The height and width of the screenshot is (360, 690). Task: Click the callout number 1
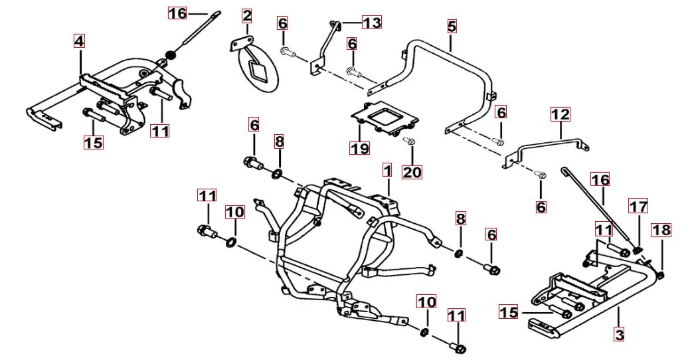387,170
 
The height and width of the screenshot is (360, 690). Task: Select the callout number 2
247,16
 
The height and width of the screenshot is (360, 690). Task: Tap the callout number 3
619,335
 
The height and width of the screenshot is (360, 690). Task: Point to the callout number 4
79,41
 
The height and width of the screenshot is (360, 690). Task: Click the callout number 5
452,27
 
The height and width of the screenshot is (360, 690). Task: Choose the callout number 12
561,114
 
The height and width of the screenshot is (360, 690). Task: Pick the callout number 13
372,22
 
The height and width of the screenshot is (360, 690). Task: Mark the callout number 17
638,206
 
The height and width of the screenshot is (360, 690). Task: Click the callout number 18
661,230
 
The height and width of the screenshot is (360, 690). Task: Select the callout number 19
359,148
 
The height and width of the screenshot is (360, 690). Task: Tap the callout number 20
412,171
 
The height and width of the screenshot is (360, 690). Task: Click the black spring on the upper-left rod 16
170,56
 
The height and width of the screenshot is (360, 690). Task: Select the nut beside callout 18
661,276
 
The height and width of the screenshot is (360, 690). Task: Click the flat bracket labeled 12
547,147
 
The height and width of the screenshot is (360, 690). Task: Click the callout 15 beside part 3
509,312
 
